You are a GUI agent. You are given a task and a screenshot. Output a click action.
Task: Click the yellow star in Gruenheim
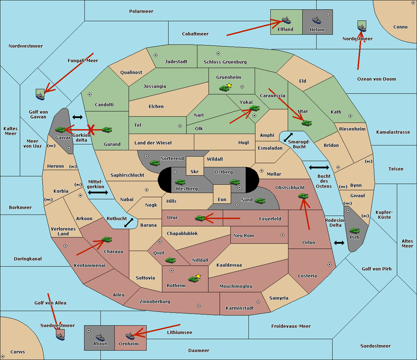coord(229,85)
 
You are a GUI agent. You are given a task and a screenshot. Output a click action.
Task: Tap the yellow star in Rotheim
coord(198,276)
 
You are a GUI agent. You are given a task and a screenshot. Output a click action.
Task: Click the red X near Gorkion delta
coord(91,130)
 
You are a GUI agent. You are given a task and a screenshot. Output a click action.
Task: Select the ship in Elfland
coord(286,20)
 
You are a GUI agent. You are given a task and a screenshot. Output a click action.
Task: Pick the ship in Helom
coord(316,20)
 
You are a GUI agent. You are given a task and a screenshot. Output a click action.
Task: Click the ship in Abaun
coord(100,337)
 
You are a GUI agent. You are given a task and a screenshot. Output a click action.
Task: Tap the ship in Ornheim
coord(130,336)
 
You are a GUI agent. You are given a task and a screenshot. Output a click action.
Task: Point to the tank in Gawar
coord(60,130)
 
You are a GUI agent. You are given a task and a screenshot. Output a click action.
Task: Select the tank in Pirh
coord(354,231)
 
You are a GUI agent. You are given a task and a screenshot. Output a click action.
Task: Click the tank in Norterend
coord(155,163)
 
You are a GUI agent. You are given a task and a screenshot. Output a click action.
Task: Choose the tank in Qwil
coord(170,260)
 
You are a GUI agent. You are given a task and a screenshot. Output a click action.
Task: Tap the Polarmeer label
coord(141,11)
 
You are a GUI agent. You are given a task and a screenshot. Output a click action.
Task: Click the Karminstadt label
coord(240,308)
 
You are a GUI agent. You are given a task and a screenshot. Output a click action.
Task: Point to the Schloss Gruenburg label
coord(225,62)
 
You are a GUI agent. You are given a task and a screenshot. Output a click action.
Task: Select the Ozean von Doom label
coord(376,79)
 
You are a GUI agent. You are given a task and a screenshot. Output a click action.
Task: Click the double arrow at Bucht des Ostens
coord(319,168)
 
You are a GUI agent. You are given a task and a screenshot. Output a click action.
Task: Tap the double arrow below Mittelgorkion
coord(98,193)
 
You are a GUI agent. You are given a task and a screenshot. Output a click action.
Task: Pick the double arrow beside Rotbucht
coord(129,223)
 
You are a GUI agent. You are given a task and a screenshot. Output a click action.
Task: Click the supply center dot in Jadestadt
coord(156,55)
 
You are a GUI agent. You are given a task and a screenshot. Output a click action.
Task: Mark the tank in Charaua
coord(107,240)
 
